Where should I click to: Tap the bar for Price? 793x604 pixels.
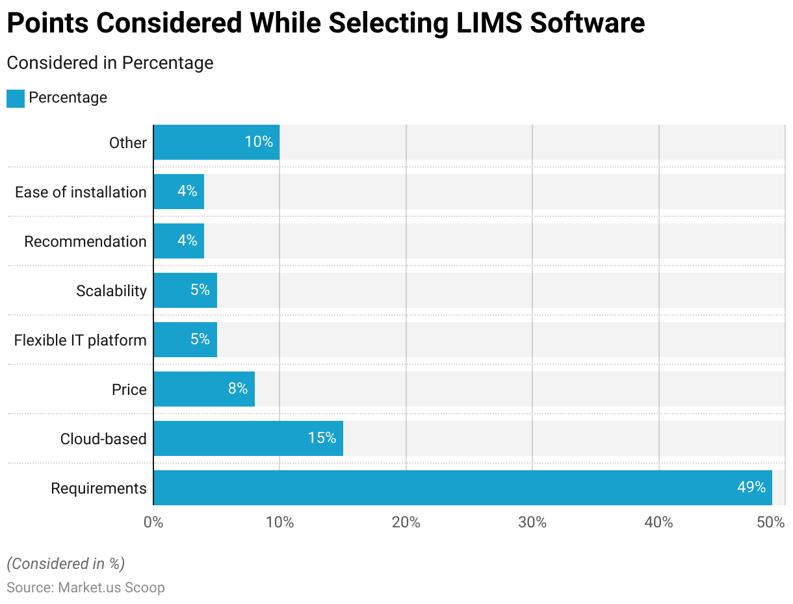[204, 389]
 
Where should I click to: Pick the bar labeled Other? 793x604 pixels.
[216, 142]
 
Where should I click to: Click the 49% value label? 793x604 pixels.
[751, 487]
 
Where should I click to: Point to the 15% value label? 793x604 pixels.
[322, 438]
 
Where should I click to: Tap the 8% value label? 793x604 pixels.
[238, 389]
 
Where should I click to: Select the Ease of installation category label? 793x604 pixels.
[81, 192]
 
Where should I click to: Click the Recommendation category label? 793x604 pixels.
[85, 242]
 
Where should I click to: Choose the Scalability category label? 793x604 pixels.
[111, 291]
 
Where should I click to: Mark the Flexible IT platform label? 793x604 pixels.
[80, 340]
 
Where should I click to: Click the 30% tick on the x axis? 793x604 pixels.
[532, 522]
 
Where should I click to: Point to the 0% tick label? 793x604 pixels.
[153, 522]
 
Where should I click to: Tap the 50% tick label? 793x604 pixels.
[771, 522]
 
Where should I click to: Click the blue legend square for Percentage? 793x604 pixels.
[16, 98]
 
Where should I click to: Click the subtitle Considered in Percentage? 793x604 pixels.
[110, 63]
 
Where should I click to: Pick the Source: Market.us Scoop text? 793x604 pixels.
[86, 588]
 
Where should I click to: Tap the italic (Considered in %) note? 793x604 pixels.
[66, 563]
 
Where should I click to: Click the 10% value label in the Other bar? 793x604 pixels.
[259, 142]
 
